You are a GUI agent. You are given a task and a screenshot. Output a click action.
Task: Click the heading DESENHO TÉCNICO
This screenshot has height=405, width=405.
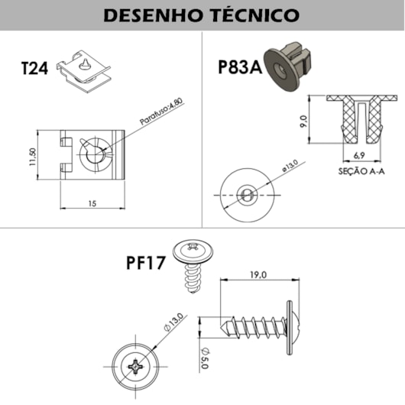pyautogui.click(x=202, y=15)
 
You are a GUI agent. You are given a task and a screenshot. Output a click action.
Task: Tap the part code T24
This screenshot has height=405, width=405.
pyautogui.click(x=34, y=68)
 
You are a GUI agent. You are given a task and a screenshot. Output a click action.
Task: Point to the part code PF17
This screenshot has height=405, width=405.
pyautogui.click(x=146, y=264)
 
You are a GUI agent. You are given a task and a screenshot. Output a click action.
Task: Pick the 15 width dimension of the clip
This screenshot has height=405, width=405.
pyautogui.click(x=91, y=203)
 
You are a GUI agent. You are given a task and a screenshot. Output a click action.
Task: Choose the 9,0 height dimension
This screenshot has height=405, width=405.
pyautogui.click(x=303, y=120)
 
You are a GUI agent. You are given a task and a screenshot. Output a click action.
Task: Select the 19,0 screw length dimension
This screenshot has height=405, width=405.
pyautogui.click(x=257, y=274)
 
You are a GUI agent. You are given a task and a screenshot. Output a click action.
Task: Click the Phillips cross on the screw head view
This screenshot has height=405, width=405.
pyautogui.click(x=138, y=368)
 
